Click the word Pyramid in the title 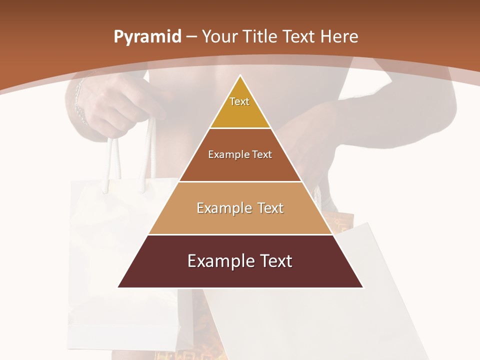(x=147, y=37)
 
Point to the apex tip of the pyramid (x=240, y=76)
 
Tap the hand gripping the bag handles (x=110, y=107)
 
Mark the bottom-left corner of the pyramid (x=118, y=287)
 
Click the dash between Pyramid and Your (x=191, y=37)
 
